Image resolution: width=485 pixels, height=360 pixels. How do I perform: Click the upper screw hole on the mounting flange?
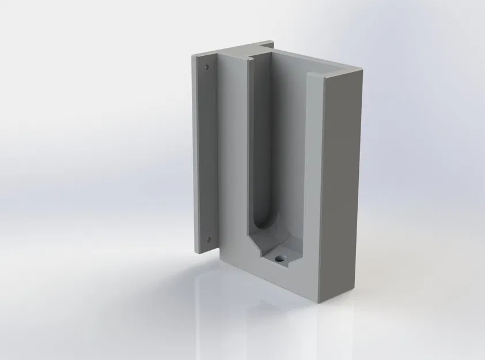point(207,67)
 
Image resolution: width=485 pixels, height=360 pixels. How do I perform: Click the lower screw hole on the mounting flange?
point(209,240)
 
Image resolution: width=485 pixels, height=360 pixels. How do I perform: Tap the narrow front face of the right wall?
point(315,173)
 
